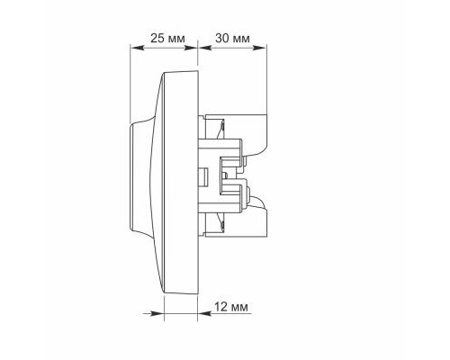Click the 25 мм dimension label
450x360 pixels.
coord(167,39)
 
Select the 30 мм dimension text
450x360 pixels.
coord(232,39)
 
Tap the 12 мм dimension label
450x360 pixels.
coord(231,307)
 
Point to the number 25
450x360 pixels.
coord(157,39)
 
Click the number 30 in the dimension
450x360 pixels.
coord(222,39)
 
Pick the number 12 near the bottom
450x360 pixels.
coord(220,307)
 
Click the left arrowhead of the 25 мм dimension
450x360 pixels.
coord(137,48)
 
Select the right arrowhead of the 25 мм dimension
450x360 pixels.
coord(190,48)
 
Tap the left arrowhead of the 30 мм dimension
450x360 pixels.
coord(205,48)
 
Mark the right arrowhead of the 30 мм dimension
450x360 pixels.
coord(259,48)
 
